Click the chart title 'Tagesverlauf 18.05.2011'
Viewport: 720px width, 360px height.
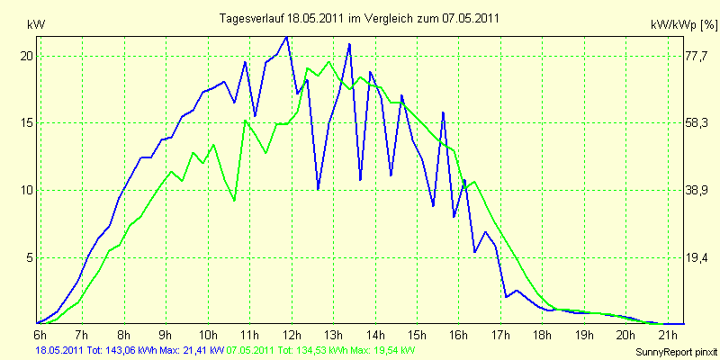[360, 18]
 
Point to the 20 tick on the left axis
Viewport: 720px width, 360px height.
[27, 56]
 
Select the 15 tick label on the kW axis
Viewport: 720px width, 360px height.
[27, 123]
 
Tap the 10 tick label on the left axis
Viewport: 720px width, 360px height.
[27, 191]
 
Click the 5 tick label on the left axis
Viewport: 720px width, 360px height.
[30, 257]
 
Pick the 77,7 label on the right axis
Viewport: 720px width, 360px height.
[698, 56]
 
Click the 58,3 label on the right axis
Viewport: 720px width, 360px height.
[698, 123]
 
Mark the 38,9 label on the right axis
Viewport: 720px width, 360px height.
[698, 191]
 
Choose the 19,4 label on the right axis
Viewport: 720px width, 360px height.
[698, 258]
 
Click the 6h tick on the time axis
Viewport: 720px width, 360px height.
[40, 335]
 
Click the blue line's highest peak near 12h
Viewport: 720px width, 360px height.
[286, 37]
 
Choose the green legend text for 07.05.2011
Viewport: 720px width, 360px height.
[321, 349]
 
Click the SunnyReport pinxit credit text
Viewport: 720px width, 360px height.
[676, 350]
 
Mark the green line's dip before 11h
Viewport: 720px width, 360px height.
[234, 200]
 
